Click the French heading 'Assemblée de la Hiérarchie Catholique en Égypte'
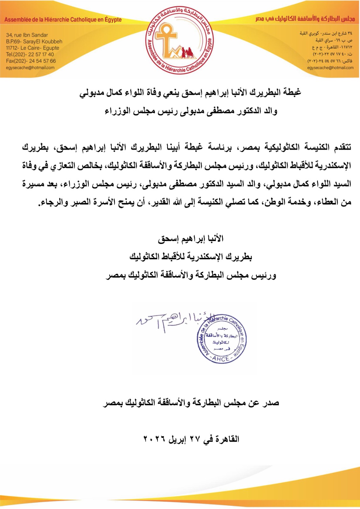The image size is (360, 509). [x=63, y=20]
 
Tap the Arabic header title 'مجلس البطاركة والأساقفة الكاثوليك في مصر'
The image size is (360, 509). [x=305, y=19]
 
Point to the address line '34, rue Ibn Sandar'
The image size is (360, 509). [x=27, y=35]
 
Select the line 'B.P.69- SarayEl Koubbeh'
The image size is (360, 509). [x=34, y=41]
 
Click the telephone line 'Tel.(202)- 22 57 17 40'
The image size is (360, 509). [x=30, y=54]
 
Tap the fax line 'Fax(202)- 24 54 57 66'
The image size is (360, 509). [x=31, y=61]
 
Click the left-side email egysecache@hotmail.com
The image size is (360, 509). [x=30, y=67]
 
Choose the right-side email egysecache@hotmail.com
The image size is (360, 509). [x=330, y=67]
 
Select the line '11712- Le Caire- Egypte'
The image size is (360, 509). [x=32, y=48]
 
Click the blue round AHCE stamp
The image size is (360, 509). [x=221, y=339]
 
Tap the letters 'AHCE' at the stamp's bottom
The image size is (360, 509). [x=221, y=359]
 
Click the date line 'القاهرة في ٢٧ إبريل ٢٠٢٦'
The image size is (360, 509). [x=191, y=439]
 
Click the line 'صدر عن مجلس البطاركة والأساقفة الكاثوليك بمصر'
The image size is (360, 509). [x=191, y=403]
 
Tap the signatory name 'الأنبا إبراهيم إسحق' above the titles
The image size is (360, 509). [x=191, y=239]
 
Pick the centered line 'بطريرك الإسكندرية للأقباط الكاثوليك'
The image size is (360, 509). [x=191, y=257]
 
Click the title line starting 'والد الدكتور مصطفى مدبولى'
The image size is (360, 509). [x=191, y=111]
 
